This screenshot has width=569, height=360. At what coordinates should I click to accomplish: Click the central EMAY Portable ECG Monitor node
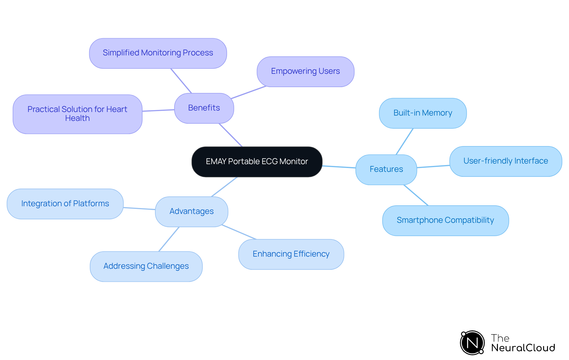click(257, 162)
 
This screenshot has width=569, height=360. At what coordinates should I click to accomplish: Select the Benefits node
click(204, 108)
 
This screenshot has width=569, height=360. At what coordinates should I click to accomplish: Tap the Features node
click(386, 169)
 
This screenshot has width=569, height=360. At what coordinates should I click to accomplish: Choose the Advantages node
click(191, 212)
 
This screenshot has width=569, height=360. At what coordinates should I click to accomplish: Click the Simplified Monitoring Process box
click(158, 53)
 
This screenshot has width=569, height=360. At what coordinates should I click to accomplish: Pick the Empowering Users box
click(305, 71)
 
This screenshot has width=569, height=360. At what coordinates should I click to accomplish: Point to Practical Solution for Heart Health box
click(77, 114)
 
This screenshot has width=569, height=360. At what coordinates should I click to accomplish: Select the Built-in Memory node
click(423, 113)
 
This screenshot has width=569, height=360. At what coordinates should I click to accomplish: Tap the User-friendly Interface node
click(506, 161)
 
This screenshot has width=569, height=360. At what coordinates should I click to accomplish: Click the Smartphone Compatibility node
click(445, 220)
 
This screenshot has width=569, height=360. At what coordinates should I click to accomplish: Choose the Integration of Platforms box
click(65, 204)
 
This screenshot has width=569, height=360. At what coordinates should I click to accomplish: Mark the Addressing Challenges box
click(146, 266)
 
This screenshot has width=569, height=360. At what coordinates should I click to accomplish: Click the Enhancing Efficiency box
click(291, 254)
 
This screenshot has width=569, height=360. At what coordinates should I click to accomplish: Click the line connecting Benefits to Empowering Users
click(248, 92)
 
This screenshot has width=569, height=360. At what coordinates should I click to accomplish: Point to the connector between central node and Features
click(339, 167)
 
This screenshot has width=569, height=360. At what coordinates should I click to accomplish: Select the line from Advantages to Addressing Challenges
click(169, 239)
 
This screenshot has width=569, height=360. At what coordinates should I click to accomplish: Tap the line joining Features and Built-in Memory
click(405, 141)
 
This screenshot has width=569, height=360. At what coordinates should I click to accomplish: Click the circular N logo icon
click(472, 343)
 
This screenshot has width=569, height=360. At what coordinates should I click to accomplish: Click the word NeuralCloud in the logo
click(523, 348)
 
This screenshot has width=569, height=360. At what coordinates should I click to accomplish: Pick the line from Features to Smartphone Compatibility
click(416, 195)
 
